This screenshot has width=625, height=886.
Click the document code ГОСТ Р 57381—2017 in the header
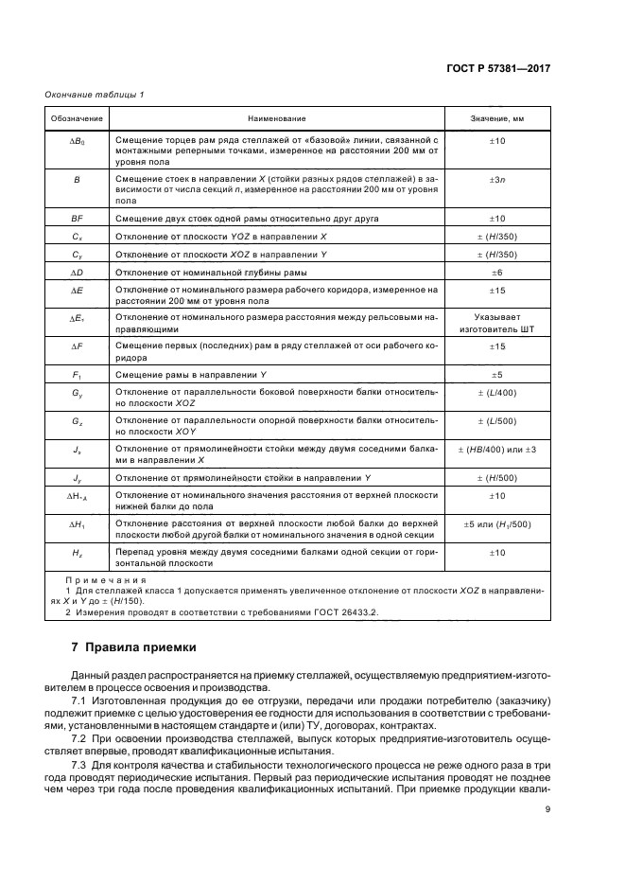499,68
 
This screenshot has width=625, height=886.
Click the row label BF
78,218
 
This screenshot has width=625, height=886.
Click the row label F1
78,374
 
